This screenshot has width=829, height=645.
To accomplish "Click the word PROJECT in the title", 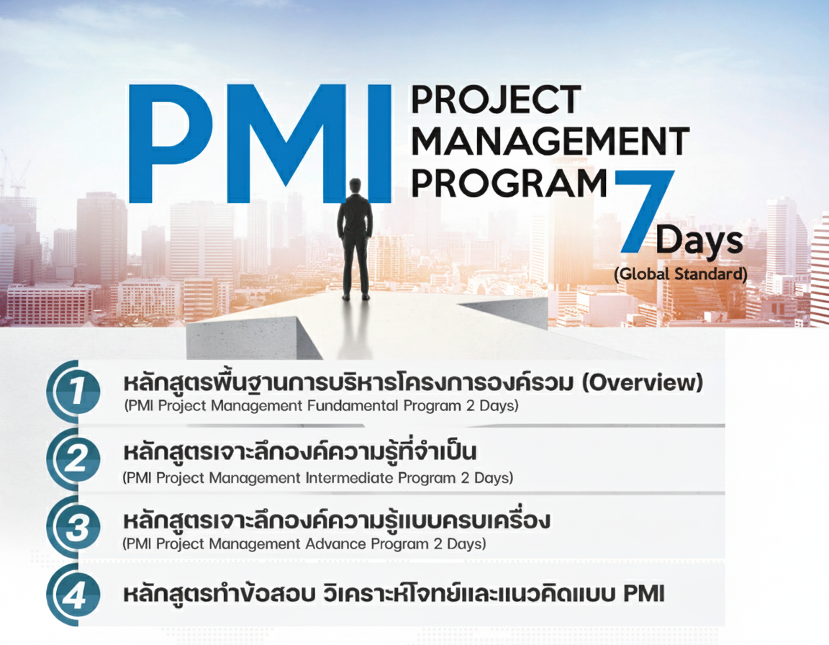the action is click(496, 100).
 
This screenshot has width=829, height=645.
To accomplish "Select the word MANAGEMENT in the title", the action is click(550, 141).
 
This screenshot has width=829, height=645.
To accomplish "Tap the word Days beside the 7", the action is click(699, 240).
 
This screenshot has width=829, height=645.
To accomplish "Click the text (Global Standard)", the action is click(681, 274).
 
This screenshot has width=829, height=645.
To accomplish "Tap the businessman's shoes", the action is click(355, 297).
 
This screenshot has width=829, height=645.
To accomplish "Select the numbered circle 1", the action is click(73, 392).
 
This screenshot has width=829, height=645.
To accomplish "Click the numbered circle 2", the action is click(73, 459).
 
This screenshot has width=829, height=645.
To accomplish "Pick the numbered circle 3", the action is click(73, 526).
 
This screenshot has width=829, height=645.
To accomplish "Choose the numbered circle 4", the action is click(73, 595).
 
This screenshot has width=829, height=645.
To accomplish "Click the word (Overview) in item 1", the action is click(643, 382).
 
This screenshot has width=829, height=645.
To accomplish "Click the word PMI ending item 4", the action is click(643, 594).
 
